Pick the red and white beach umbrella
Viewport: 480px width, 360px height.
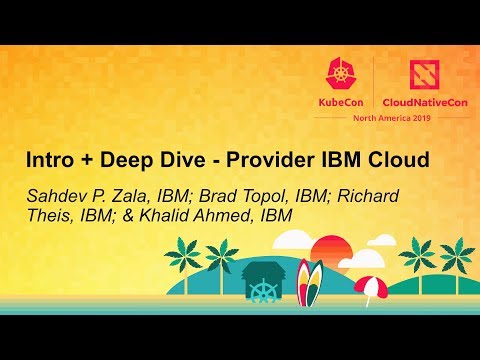pyautogui.click(x=371, y=288)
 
